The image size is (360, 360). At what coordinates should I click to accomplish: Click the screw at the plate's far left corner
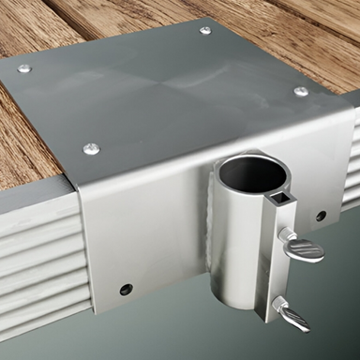point(24,68)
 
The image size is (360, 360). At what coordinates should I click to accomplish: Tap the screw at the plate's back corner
point(205,30)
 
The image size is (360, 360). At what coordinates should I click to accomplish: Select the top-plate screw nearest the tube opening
point(300,91)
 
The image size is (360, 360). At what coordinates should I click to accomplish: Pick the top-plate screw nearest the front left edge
point(91,148)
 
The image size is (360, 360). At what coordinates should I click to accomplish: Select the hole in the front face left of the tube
point(126,289)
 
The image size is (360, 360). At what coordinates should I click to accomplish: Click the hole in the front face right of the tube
point(321,216)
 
